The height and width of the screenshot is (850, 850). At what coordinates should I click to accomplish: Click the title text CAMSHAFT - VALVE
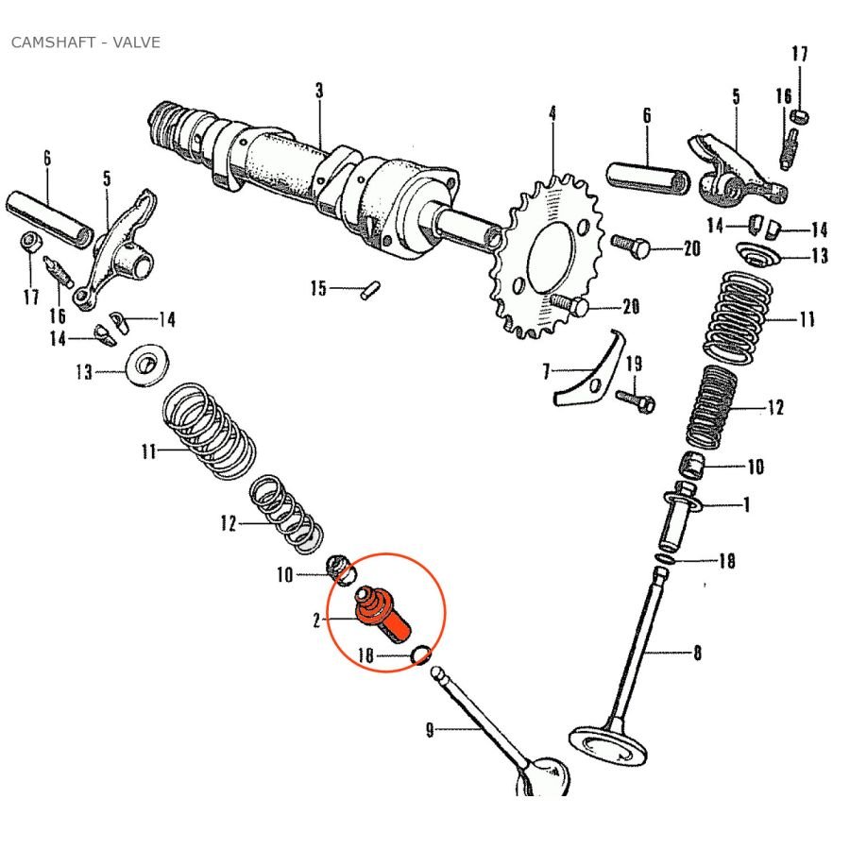coord(85,42)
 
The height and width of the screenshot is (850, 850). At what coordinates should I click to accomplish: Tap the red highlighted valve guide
coord(382,612)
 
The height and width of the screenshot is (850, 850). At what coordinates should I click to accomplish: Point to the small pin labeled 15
coord(369,288)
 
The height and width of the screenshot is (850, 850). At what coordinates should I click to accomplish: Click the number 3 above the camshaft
coord(319,91)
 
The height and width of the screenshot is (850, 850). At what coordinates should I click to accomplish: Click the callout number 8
coord(697,653)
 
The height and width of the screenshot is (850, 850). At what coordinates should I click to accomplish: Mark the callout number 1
coord(746,505)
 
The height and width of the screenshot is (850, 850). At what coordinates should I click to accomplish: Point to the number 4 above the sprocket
coord(552,113)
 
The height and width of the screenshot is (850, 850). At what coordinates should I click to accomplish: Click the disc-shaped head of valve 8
coord(610,746)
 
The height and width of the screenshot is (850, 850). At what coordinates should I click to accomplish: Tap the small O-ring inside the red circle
coord(420,654)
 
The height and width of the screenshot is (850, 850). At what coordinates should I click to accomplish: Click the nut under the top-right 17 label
coord(799,116)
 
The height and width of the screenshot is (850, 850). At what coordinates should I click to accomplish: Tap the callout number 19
coord(634,364)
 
